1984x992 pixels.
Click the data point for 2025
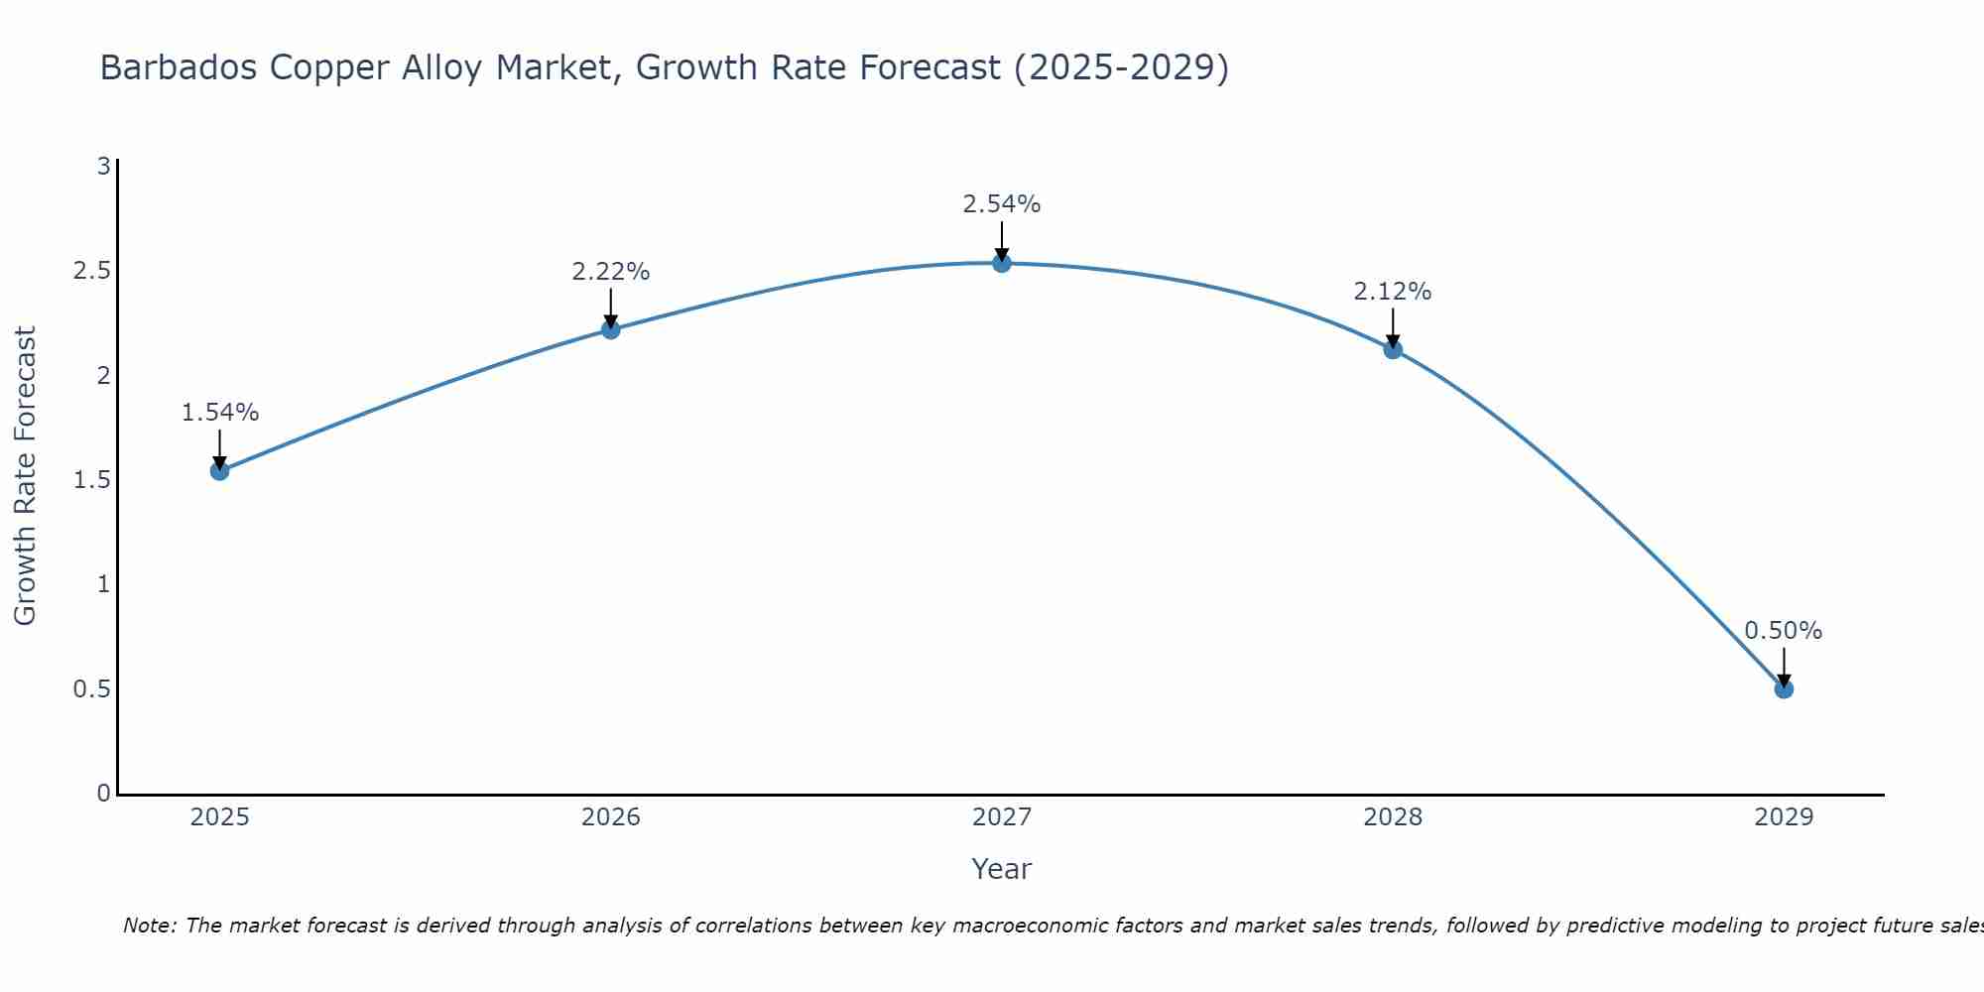[219, 470]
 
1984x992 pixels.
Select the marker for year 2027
[1001, 263]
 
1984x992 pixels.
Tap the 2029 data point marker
[1783, 688]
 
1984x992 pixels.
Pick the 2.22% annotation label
[610, 271]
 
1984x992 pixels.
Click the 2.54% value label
[1001, 204]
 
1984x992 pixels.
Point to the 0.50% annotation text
[1783, 631]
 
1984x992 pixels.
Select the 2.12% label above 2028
[1392, 292]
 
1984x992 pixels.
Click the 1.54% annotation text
[219, 413]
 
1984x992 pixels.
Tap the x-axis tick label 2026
[610, 817]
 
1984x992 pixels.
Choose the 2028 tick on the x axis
[1392, 817]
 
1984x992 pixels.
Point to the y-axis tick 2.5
[91, 271]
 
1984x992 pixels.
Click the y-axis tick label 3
[103, 167]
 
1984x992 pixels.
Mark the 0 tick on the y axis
[103, 794]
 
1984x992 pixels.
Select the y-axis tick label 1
[103, 584]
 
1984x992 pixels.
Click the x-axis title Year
[1001, 869]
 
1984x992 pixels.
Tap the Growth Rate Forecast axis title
[26, 475]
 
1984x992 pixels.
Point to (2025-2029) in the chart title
[1121, 67]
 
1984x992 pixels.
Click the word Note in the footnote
[148, 926]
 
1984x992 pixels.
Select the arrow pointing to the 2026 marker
[610, 307]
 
